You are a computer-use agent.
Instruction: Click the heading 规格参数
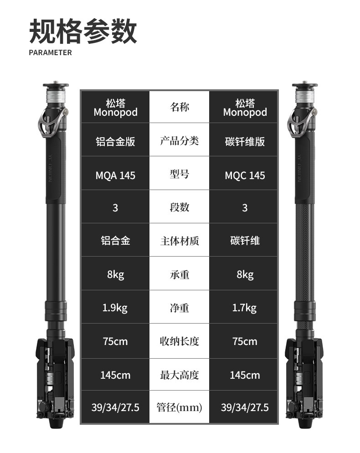pos(83,31)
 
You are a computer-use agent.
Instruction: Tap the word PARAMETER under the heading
pos(50,52)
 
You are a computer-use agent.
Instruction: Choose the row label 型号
pos(180,174)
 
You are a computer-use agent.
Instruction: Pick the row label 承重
pos(180,274)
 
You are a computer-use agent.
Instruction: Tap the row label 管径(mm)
pos(179,407)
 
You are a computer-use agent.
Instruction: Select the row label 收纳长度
pos(180,341)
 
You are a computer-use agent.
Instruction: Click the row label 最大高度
pos(180,375)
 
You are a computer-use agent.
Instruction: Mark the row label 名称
pos(180,107)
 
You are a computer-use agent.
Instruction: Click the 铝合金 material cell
pos(115,241)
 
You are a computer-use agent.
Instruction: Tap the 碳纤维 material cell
pos(245,241)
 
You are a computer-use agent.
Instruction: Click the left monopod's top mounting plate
pos(56,85)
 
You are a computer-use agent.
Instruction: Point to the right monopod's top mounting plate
pos(305,85)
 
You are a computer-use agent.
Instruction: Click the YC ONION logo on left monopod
pos(50,169)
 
